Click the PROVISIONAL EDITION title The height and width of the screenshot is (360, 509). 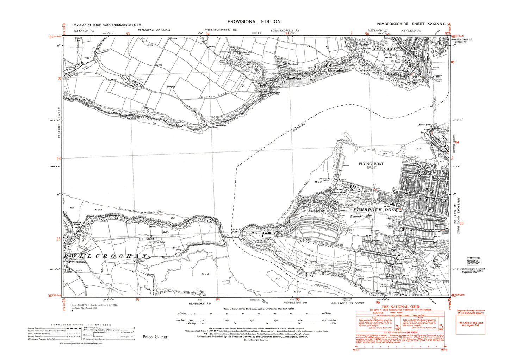pos(254,21)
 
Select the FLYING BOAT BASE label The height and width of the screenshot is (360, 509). pos(371,166)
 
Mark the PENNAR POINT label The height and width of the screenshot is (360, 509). pos(235,231)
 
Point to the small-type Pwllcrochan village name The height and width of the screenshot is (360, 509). pos(77,262)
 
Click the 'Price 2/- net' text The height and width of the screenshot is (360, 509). pos(155,337)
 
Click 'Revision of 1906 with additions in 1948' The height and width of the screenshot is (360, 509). pos(107,25)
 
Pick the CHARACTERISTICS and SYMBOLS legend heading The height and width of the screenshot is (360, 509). pos(81,325)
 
